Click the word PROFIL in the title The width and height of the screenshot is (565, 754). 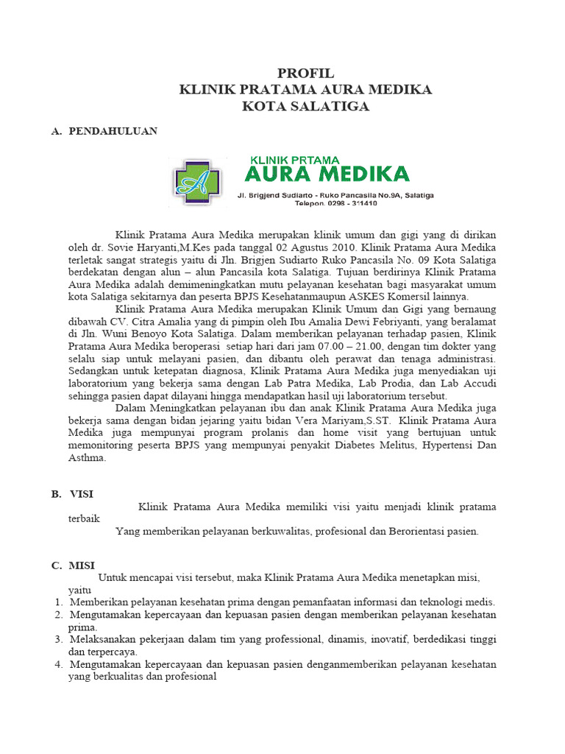[x=305, y=73]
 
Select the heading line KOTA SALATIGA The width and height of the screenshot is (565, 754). [x=305, y=107]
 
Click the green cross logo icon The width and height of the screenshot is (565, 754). [x=196, y=183]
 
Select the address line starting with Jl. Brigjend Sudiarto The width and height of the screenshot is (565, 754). [x=335, y=195]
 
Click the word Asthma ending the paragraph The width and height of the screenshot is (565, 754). [x=87, y=458]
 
